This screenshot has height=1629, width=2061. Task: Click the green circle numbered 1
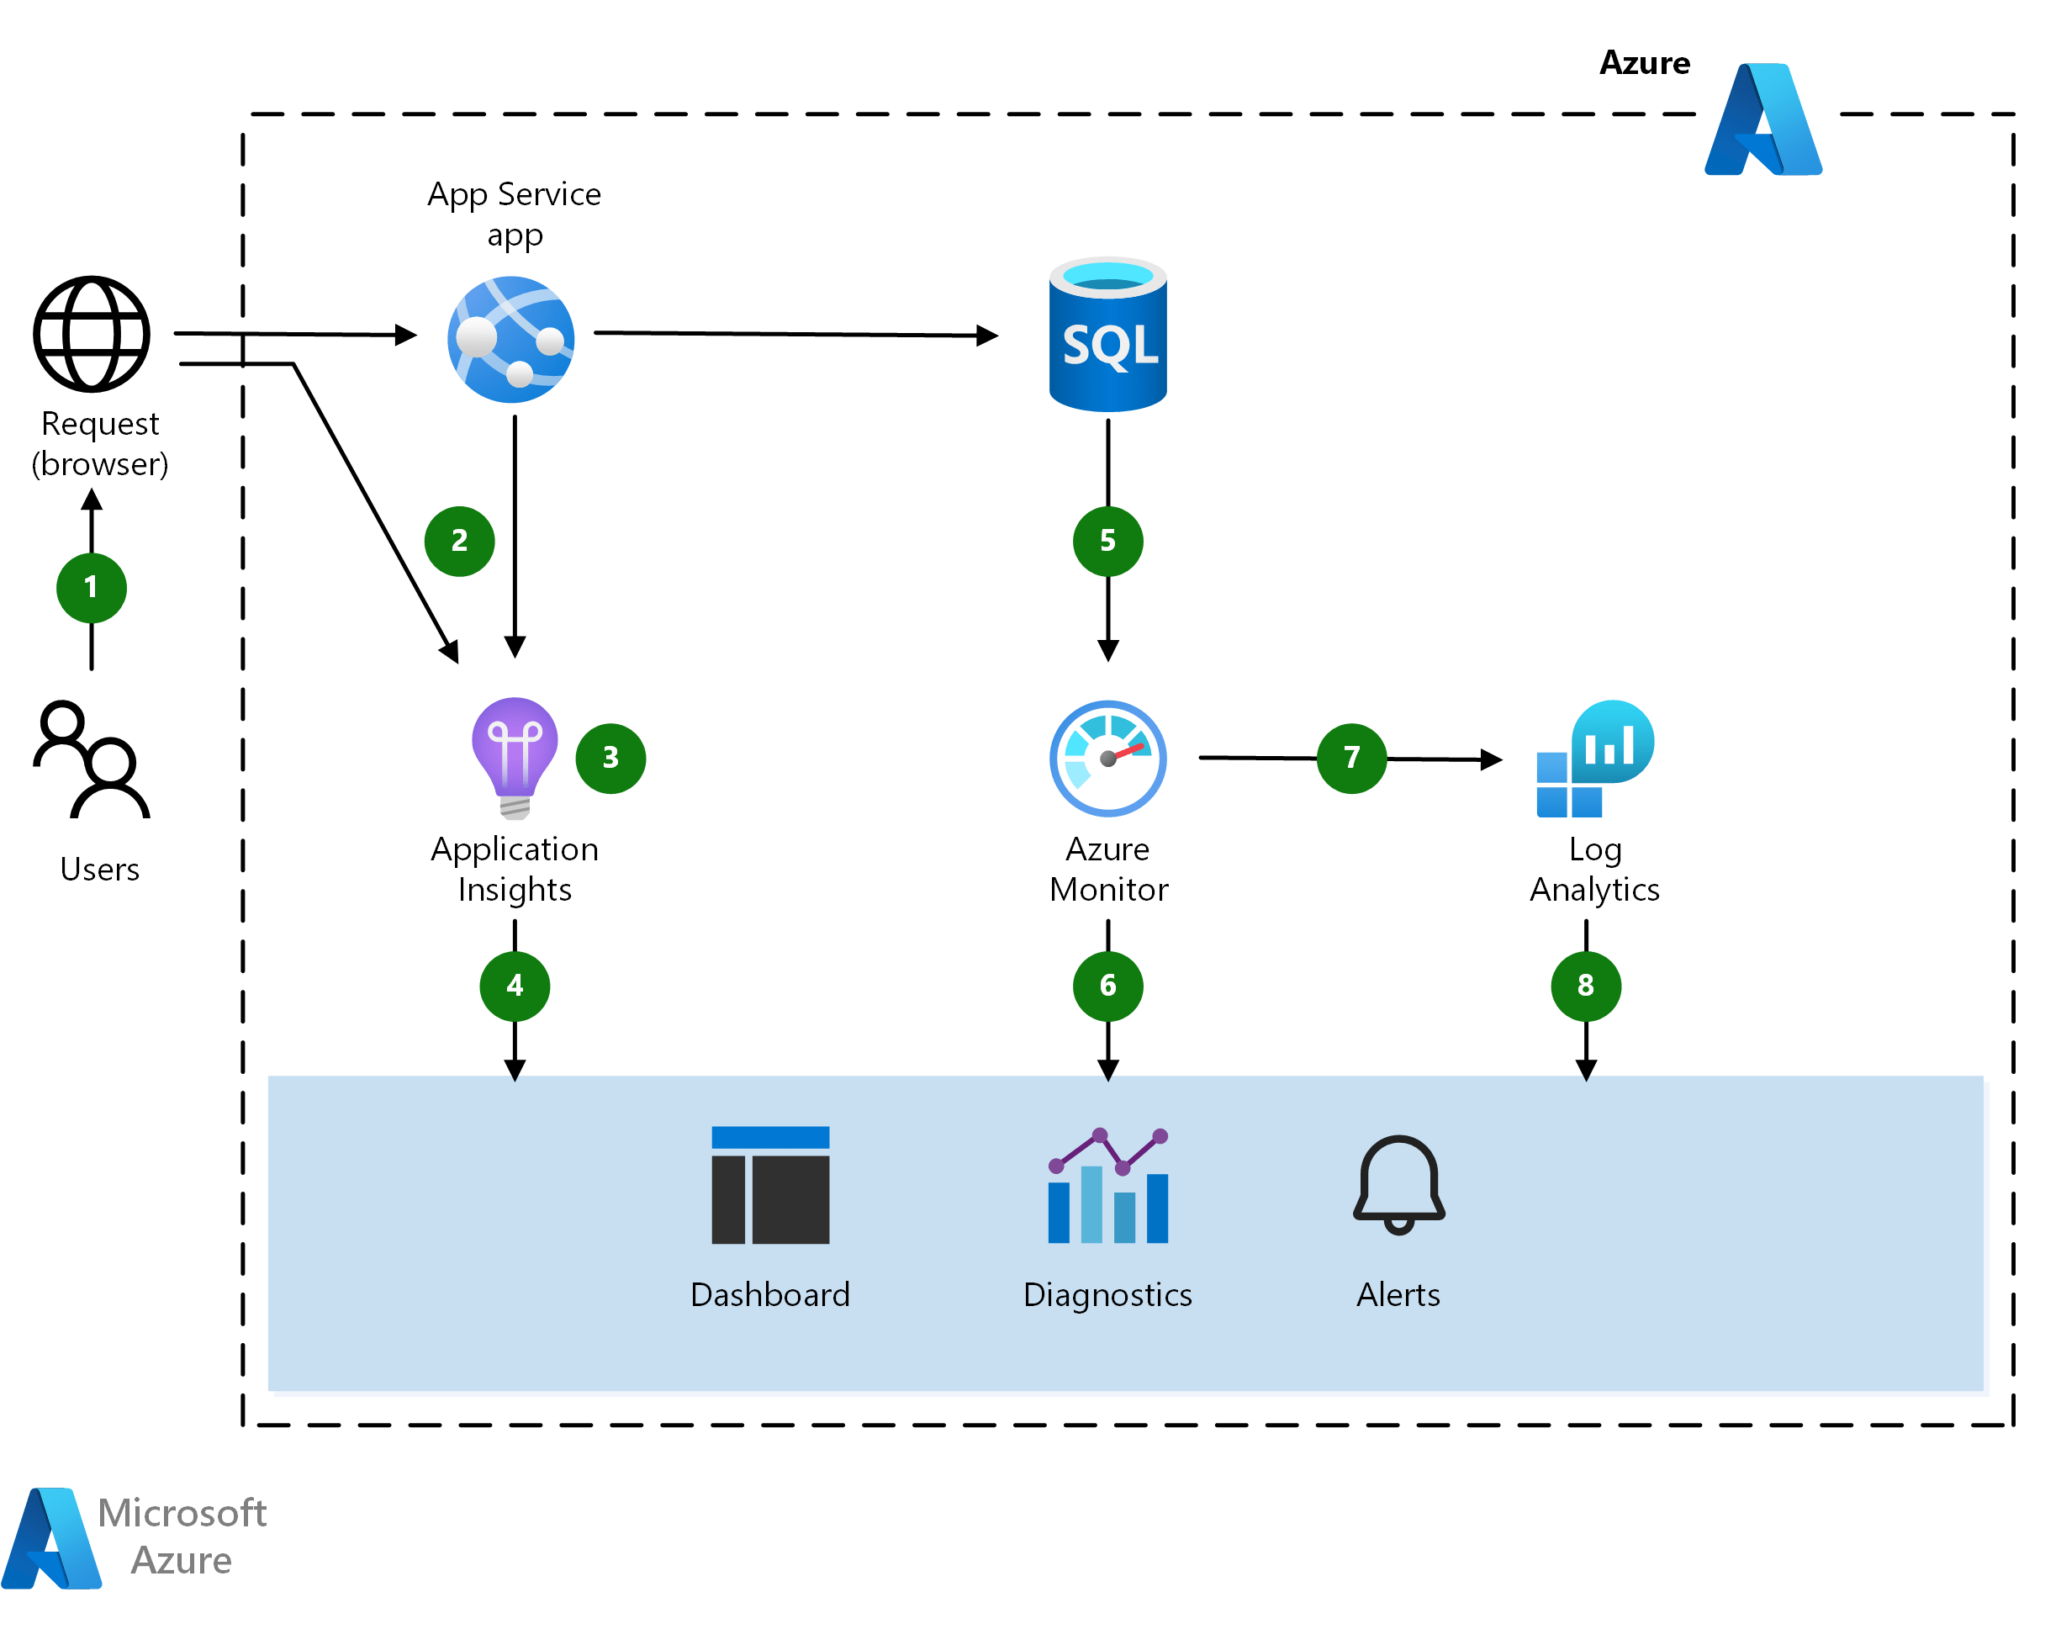[x=92, y=588]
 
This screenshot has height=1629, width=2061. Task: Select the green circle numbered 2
[x=459, y=541]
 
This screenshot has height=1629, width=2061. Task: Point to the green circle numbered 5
[x=1107, y=541]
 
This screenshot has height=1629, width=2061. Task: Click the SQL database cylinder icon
[x=1107, y=335]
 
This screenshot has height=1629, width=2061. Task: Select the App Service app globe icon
[x=511, y=339]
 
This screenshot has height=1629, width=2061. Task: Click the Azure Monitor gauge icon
[x=1107, y=759]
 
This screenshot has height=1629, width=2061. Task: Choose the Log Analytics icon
[x=1593, y=759]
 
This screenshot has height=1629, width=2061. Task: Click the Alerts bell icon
[x=1398, y=1185]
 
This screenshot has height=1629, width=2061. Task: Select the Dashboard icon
[x=769, y=1185]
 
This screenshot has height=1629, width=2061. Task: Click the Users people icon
[x=92, y=760]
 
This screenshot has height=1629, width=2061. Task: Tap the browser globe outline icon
[x=92, y=334]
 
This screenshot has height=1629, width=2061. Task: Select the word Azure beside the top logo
[x=1644, y=63]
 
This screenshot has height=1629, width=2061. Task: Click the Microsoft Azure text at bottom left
[x=181, y=1536]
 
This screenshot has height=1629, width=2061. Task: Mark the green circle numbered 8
[x=1585, y=985]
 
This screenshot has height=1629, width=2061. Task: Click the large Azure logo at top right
[x=1762, y=119]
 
